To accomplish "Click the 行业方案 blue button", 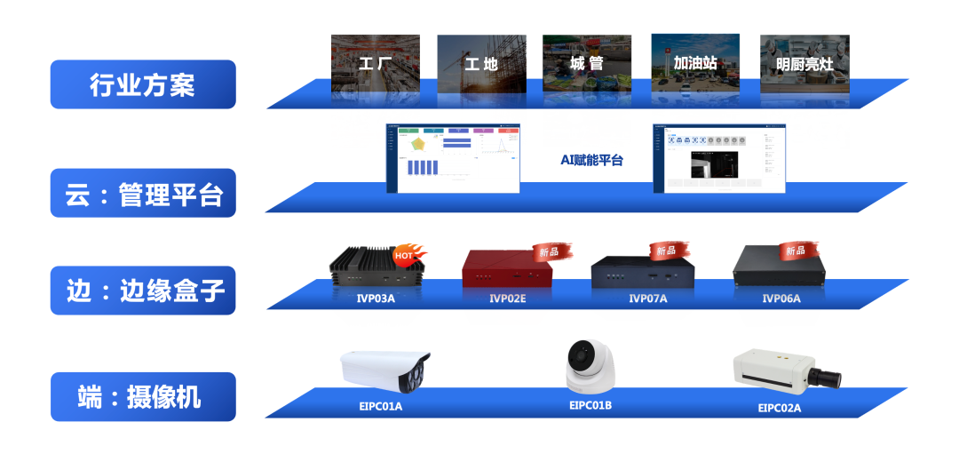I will [143, 84].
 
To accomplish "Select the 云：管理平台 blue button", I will [143, 193].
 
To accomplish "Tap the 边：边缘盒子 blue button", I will [143, 291].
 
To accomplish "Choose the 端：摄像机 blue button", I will [143, 396].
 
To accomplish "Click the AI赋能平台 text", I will [591, 160].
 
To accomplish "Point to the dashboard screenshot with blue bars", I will [453, 158].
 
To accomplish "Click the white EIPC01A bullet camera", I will [384, 371].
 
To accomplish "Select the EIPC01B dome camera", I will [590, 365].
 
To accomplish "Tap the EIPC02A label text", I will [779, 408].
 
